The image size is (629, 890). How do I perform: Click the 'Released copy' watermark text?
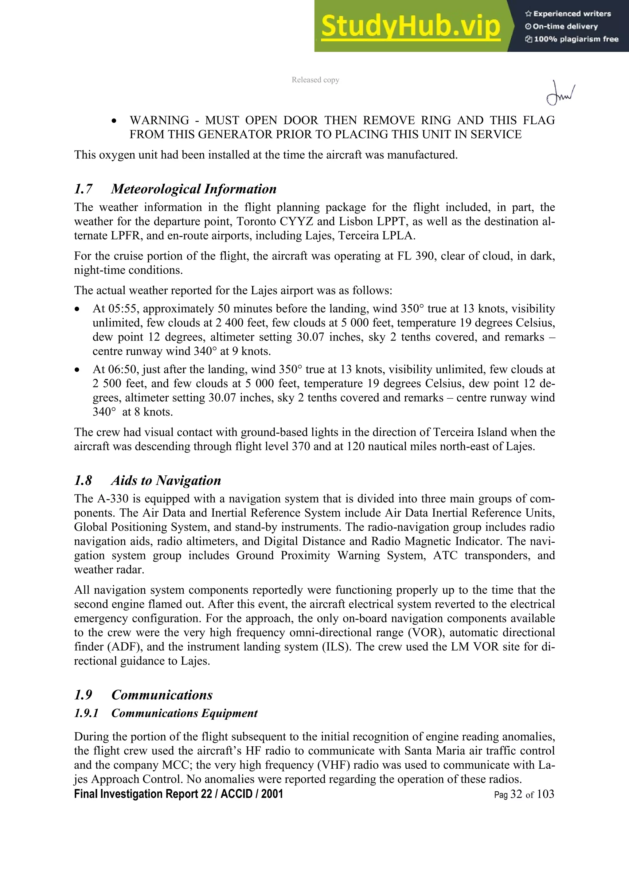315,80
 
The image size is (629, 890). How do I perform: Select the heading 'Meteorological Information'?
194,189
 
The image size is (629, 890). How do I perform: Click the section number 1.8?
83,480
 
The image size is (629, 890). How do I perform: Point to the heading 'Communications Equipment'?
185,713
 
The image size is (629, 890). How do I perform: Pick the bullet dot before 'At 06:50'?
77,370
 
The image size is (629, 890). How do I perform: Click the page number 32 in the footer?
516,794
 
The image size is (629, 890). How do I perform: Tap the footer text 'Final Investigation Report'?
137,794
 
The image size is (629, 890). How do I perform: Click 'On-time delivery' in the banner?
565,26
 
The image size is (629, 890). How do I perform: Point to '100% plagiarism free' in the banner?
576,39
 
